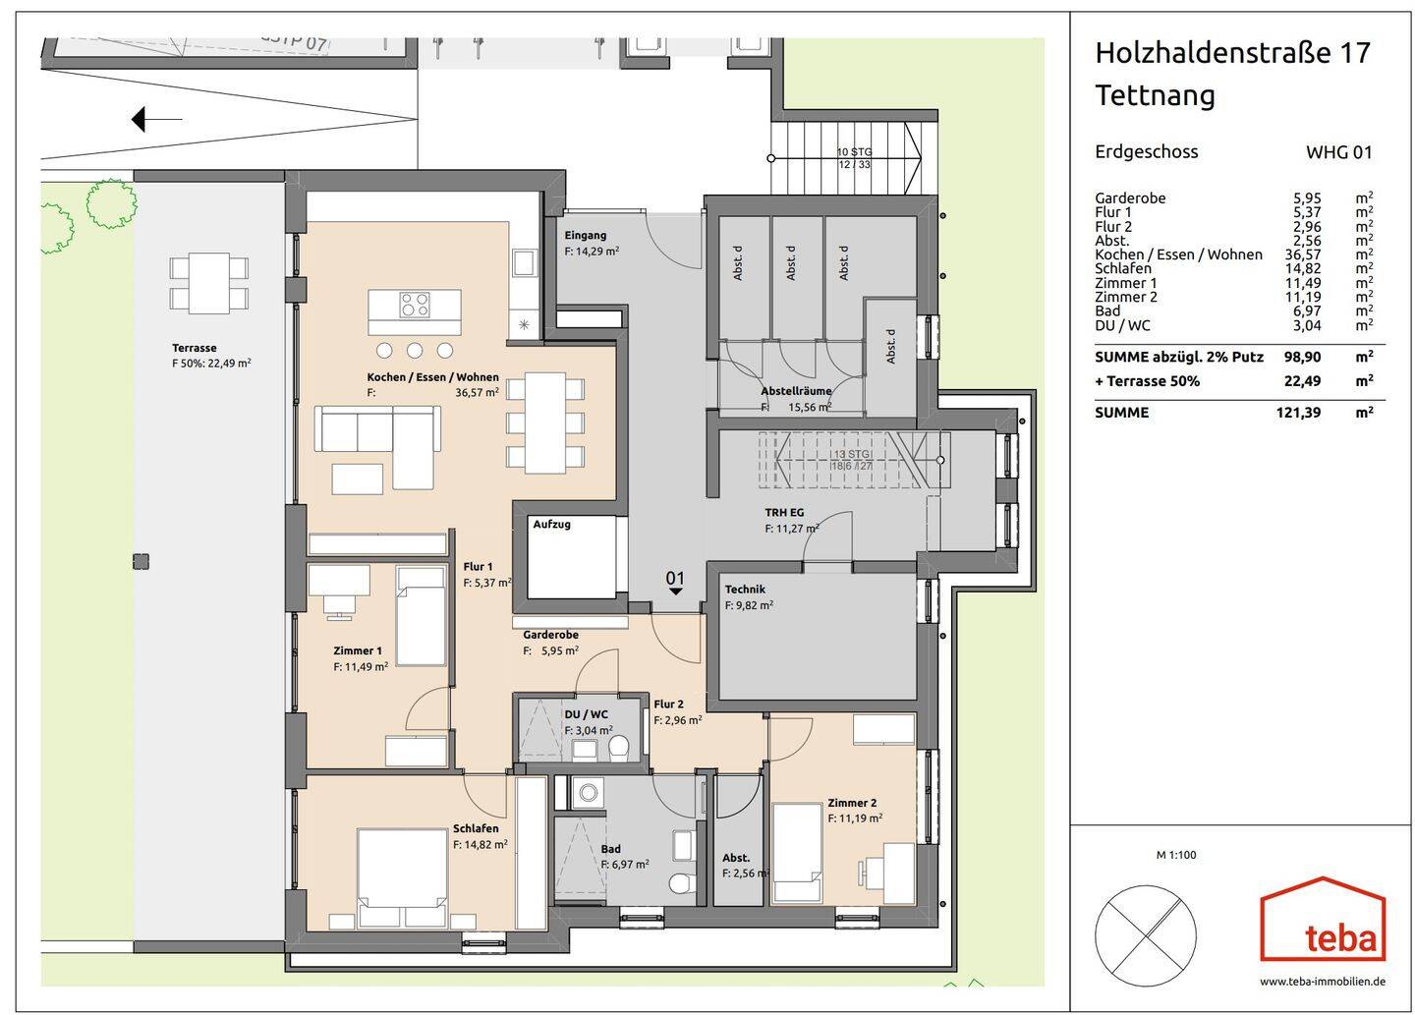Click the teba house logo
[x=1323, y=920]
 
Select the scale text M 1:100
[x=1176, y=855]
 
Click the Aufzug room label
[x=551, y=525]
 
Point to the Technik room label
[x=745, y=590]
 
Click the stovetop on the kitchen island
[x=414, y=306]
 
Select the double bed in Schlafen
[x=402, y=877]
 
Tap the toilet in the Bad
[x=680, y=881]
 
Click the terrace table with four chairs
[x=208, y=283]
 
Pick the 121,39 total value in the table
[x=1298, y=413]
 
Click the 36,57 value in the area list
[x=1307, y=254]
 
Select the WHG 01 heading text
[x=1338, y=152]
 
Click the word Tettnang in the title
[x=1155, y=95]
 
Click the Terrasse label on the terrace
[x=194, y=348]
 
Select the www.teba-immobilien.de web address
[x=1323, y=981]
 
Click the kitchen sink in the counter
[x=523, y=263]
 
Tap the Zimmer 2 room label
[x=852, y=802]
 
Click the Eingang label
[x=585, y=236]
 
